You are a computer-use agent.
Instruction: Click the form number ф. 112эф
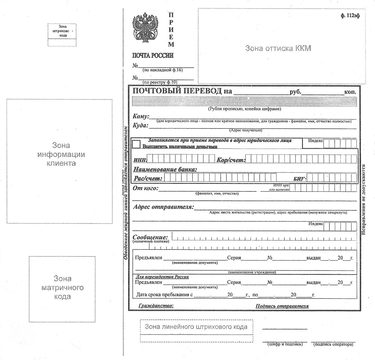(x=350, y=15)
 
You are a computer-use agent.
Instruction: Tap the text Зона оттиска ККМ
(x=278, y=48)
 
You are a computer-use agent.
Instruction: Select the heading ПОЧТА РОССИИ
(x=153, y=56)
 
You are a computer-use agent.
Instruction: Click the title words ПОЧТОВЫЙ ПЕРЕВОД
(x=177, y=91)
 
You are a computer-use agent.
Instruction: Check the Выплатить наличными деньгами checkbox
(x=136, y=144)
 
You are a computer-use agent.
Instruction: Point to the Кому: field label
(x=140, y=117)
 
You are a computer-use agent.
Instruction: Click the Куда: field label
(x=140, y=126)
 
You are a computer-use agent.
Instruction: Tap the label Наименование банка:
(x=165, y=169)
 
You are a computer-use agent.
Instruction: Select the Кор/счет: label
(x=231, y=160)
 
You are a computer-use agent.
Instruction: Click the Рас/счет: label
(x=148, y=178)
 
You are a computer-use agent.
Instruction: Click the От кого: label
(x=145, y=189)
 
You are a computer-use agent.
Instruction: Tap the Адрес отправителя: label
(x=163, y=207)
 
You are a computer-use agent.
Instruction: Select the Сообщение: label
(x=150, y=237)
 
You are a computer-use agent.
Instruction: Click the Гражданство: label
(x=156, y=306)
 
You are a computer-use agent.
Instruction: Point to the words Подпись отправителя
(x=282, y=306)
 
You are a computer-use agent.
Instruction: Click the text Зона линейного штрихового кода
(x=196, y=327)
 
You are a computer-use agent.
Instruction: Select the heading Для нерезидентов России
(x=162, y=277)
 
